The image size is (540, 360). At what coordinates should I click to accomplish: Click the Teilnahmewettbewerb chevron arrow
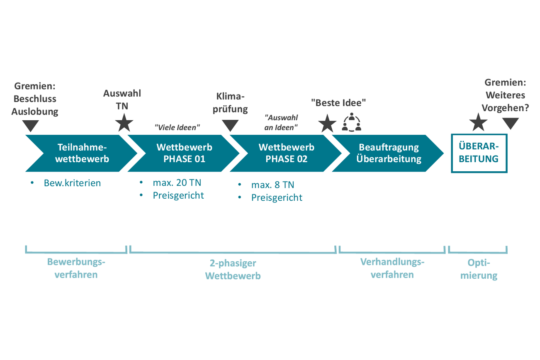coord(82,153)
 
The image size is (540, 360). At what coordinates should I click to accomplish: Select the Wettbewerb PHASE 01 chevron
coord(184,153)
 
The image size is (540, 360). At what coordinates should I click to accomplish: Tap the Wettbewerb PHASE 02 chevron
coord(287,153)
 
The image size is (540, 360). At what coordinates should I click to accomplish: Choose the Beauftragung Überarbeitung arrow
coord(389,153)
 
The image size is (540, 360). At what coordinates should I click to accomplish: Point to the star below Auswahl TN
coord(124,123)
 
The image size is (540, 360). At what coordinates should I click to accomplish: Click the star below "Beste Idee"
coord(327,124)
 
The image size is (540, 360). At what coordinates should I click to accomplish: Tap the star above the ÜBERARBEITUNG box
coord(478,122)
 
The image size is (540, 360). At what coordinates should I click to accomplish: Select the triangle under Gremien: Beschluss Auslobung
coord(31,125)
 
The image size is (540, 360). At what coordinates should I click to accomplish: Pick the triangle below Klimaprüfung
coord(230,125)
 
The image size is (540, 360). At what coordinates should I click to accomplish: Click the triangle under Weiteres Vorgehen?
coord(511,123)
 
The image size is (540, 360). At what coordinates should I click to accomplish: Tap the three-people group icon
coord(352,122)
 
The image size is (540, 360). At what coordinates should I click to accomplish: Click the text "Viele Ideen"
coord(177,127)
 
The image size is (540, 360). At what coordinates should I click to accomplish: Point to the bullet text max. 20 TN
coord(177,183)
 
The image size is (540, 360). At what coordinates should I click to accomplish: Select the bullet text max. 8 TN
coord(272,185)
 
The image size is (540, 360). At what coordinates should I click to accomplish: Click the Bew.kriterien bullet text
coord(72,183)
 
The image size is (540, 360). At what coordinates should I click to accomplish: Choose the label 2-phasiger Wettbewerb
coord(233,269)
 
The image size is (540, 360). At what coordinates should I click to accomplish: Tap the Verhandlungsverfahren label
coord(392,268)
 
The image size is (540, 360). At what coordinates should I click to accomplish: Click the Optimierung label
coord(479,269)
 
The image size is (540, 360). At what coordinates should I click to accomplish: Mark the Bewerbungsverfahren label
coord(76,268)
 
